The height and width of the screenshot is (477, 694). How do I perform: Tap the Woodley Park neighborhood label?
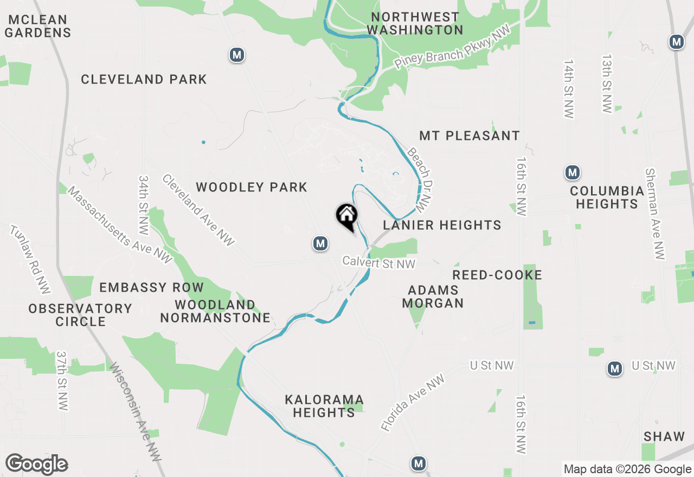[x=252, y=188]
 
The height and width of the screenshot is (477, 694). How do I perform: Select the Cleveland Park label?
[x=144, y=80]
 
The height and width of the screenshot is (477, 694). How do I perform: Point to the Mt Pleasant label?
[x=470, y=136]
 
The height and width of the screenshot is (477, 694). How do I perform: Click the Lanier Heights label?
[x=442, y=225]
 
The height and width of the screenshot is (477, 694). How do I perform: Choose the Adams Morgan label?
[x=433, y=296]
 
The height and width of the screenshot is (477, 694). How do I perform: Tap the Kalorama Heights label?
[x=324, y=406]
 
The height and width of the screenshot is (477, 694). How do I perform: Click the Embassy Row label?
[x=151, y=287]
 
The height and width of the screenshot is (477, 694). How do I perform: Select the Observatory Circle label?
[x=80, y=315]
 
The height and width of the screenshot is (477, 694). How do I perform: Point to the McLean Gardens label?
[x=38, y=26]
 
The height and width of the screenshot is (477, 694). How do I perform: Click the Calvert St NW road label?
[x=379, y=263]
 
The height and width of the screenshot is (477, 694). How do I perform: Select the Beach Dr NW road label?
[x=421, y=179]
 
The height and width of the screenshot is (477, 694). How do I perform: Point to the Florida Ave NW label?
[x=412, y=403]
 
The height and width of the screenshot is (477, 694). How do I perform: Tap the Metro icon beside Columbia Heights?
[x=572, y=173]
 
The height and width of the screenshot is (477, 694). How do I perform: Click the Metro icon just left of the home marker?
[x=320, y=243]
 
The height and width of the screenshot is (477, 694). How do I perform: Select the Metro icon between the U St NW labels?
[x=614, y=369]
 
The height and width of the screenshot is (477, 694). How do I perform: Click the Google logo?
[x=36, y=465]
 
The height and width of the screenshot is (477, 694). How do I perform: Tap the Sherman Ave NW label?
[x=654, y=214]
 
